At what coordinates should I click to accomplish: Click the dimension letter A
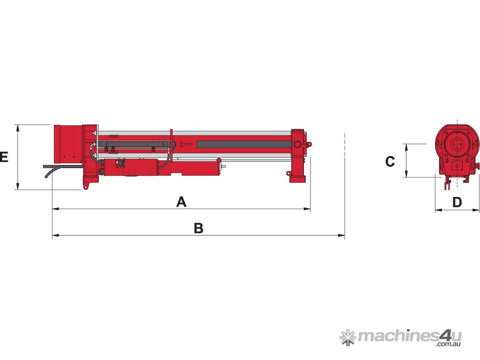click(x=181, y=202)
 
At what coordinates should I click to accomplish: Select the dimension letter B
click(x=199, y=228)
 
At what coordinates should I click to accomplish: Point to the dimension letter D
click(x=457, y=202)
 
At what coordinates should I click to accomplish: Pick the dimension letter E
click(x=4, y=157)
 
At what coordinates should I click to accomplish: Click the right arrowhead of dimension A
click(x=307, y=209)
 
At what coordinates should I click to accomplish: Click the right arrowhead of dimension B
click(x=341, y=235)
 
